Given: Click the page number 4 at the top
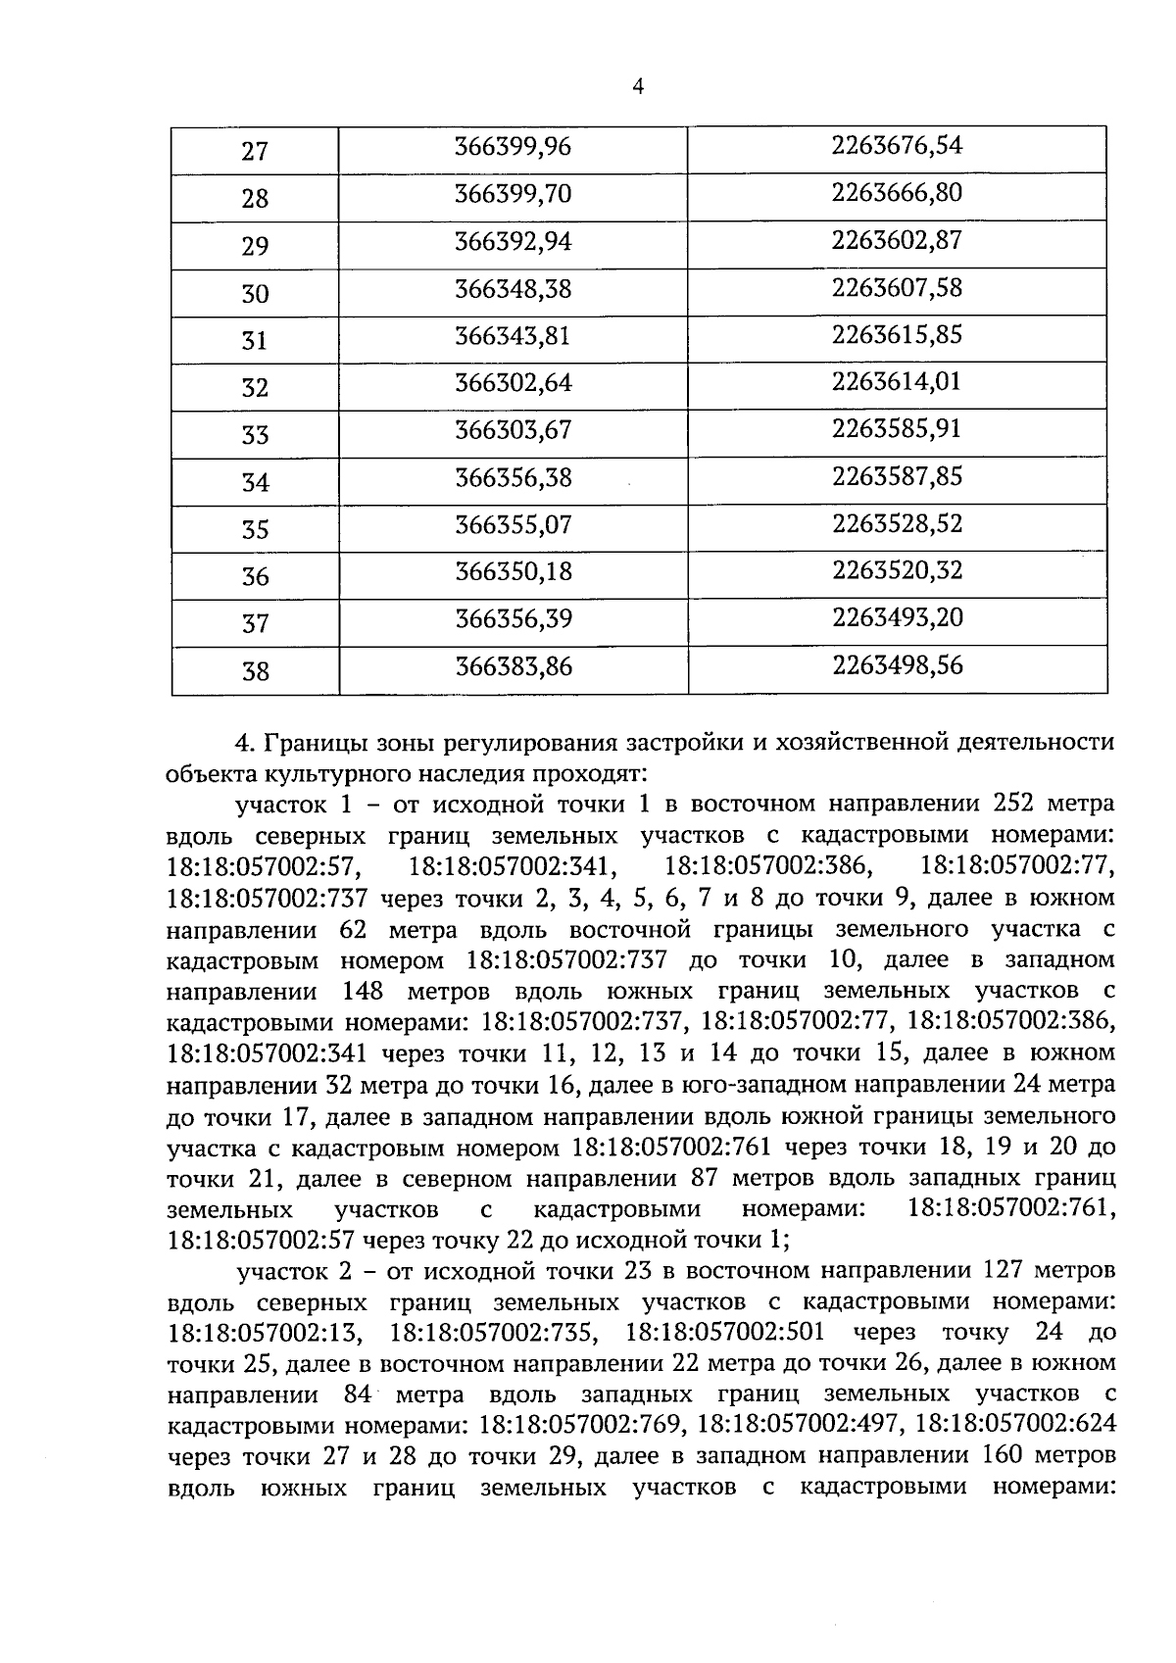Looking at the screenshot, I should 638,88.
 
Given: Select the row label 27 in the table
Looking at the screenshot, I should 255,152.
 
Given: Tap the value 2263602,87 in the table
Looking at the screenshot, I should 897,240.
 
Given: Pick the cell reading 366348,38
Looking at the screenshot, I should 513,288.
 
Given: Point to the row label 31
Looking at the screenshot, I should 255,341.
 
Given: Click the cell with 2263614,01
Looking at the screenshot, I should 897,381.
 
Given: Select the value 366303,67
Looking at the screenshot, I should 513,429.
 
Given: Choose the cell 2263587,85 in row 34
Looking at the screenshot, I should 897,476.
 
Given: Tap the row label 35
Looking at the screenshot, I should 255,530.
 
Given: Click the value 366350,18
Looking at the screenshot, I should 513,570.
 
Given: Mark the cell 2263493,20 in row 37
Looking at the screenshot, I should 897,617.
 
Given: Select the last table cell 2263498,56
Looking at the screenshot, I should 897,665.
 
